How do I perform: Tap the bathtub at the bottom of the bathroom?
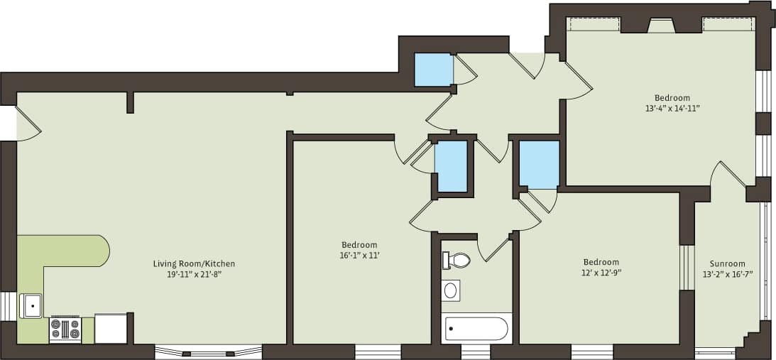476,329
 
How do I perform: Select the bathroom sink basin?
450,290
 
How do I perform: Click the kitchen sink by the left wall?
31,306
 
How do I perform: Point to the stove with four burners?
65,329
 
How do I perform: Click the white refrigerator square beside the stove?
110,329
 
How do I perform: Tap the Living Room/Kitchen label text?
194,264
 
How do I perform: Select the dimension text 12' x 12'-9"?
601,272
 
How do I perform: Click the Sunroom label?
728,263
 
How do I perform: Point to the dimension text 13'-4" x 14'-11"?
672,109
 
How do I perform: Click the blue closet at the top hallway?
433,70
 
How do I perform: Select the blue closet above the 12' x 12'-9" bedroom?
539,164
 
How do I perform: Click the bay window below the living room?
208,351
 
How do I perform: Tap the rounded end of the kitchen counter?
101,251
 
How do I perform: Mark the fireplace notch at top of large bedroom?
661,26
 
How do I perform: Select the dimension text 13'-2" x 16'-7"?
728,273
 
